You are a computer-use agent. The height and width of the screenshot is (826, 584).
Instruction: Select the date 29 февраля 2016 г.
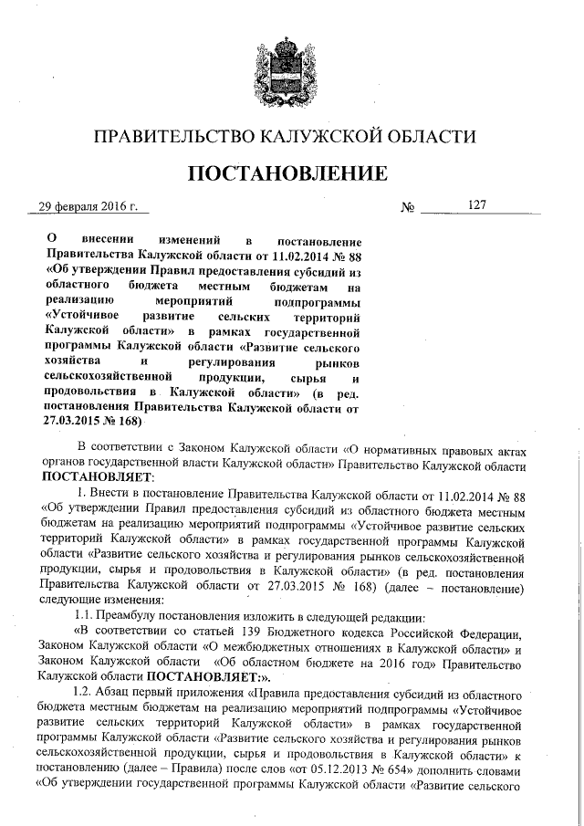coord(88,207)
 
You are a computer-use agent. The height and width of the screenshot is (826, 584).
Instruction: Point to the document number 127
coord(477,205)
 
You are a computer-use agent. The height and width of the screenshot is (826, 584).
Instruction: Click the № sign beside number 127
coord(408,208)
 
